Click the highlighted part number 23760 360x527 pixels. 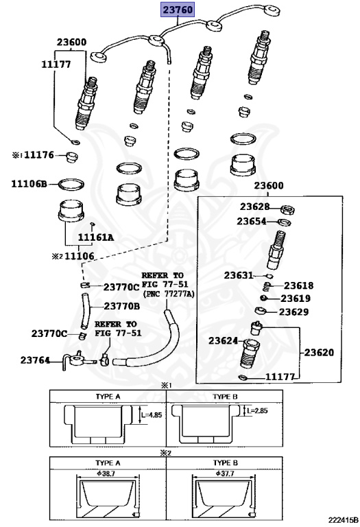point(178,10)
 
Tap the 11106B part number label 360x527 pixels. point(29,184)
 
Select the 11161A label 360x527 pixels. point(96,237)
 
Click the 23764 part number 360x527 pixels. point(35,360)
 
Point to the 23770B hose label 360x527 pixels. point(122,306)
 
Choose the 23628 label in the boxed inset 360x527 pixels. point(254,207)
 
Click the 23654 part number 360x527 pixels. point(252,222)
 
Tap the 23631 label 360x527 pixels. point(239,276)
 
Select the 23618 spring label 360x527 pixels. point(298,285)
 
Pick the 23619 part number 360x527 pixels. point(296,298)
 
